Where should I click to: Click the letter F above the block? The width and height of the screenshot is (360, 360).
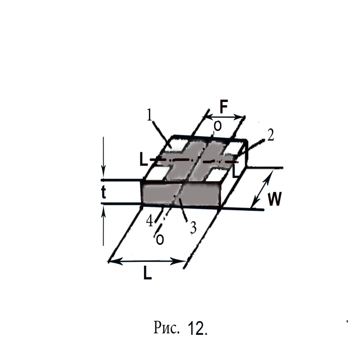pyautogui.click(x=224, y=107)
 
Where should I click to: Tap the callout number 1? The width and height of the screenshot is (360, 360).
pyautogui.click(x=149, y=115)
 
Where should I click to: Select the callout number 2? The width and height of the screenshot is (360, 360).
pyautogui.click(x=271, y=135)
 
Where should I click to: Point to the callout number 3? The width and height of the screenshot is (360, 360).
pyautogui.click(x=193, y=228)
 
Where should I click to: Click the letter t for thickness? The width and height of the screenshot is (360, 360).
pyautogui.click(x=104, y=192)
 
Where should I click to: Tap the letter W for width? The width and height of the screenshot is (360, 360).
pyautogui.click(x=275, y=199)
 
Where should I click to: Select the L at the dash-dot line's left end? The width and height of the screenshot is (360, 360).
pyautogui.click(x=143, y=160)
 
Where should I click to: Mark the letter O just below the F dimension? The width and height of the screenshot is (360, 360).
pyautogui.click(x=217, y=126)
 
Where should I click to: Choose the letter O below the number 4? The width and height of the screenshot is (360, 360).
pyautogui.click(x=160, y=240)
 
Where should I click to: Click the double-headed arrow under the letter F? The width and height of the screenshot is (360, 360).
pyautogui.click(x=223, y=117)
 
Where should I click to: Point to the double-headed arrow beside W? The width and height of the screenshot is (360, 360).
pyautogui.click(x=262, y=189)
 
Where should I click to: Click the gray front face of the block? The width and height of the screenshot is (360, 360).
pyautogui.click(x=181, y=194)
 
